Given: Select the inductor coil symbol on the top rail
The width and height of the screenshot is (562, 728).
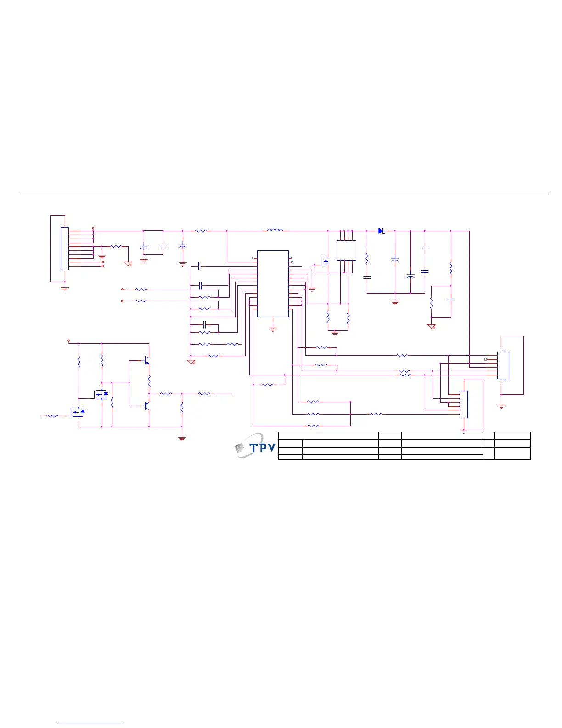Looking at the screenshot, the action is click(275, 230).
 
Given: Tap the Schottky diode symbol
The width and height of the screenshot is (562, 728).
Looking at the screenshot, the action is click(381, 231).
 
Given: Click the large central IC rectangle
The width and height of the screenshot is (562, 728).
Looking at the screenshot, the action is click(273, 284).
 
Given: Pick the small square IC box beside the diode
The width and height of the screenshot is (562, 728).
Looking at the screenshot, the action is click(346, 250).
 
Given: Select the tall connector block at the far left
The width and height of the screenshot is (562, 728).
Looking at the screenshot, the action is click(65, 248).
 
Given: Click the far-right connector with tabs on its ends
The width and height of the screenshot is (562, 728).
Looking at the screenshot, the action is click(503, 365).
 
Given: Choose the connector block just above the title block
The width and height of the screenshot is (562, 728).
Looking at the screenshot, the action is click(464, 404).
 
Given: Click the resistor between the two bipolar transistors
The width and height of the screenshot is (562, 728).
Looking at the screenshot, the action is click(149, 381).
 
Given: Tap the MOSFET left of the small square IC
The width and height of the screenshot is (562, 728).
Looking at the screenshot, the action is click(324, 262).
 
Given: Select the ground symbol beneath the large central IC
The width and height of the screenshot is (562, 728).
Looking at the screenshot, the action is click(273, 329).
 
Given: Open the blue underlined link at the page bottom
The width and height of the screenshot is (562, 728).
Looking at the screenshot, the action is click(91, 724).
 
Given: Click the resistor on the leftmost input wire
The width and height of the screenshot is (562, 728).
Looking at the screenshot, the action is click(52, 416).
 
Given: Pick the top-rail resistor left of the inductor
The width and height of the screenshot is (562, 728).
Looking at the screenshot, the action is click(201, 231).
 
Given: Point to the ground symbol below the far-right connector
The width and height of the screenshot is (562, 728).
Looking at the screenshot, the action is click(501, 406).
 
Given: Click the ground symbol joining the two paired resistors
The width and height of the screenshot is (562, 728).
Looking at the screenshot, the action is click(335, 332).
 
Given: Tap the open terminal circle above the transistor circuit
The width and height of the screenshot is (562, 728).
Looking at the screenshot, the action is click(68, 341).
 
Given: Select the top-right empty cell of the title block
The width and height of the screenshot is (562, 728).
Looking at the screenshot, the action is click(512, 436).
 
